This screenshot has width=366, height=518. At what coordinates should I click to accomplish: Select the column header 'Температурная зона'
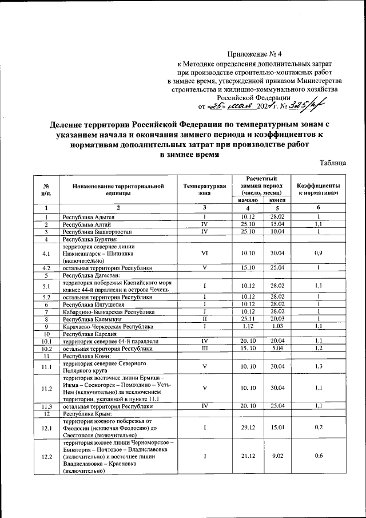[x=204, y=189]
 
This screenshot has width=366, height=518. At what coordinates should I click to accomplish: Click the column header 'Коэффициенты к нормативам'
[x=319, y=189]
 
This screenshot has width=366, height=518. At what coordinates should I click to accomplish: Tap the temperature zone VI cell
[x=204, y=252]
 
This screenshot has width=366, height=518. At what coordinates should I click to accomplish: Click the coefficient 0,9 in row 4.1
[x=319, y=252]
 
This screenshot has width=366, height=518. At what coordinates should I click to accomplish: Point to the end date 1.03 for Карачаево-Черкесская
[x=277, y=326]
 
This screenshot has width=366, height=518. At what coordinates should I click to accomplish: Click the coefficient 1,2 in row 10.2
[x=319, y=348]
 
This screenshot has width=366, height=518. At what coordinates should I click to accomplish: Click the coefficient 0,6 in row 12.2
[x=319, y=456]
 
